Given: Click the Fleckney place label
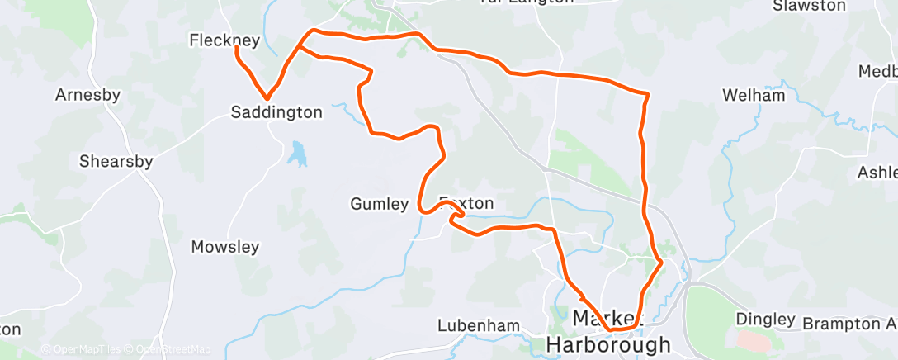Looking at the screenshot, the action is click(x=224, y=40).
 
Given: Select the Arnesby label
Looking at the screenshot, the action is click(x=87, y=95).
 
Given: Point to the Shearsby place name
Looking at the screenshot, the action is click(x=116, y=162).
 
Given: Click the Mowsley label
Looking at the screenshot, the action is click(x=225, y=247).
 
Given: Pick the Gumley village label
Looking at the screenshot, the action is click(x=379, y=204).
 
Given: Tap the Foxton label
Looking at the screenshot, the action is click(x=466, y=203).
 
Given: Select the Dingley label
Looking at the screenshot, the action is click(x=765, y=318).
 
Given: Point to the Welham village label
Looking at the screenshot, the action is click(x=753, y=96).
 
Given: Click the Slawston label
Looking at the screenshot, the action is click(x=809, y=6).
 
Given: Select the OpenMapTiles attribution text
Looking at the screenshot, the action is click(x=82, y=349).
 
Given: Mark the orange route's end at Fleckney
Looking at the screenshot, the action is click(x=236, y=48).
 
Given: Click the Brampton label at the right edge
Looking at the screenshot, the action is click(x=849, y=323).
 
